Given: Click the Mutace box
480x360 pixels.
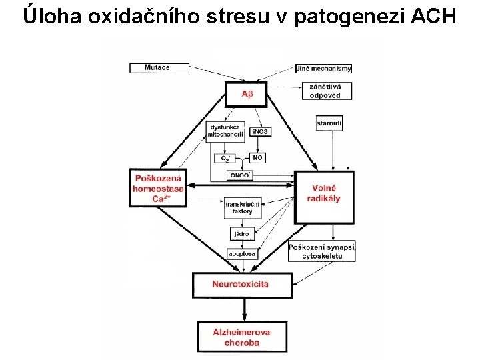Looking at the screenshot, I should coord(157,67).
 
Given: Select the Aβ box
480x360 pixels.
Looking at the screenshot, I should coord(247,94).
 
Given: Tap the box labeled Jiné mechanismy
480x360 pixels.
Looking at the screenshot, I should coord(323,68).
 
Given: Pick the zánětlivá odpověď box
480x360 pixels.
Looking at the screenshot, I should coord(325,91).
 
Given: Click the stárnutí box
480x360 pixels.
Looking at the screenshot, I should coord(329,123).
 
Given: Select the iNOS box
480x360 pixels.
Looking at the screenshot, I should coord(261,131).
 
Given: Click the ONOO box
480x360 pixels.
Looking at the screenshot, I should coord(239,175).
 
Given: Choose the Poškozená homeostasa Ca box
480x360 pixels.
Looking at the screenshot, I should coord(161,188).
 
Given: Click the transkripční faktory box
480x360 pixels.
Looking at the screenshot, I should coord(243,208).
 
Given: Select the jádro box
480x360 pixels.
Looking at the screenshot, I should coord(241,234).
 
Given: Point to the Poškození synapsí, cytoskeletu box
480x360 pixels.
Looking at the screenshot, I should coord(323,251).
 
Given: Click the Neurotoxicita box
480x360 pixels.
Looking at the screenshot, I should coord(241,285).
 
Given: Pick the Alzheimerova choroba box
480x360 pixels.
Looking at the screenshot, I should coord(241,337).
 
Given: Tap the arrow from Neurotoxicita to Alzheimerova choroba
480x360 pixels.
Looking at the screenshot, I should coord(242,309).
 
